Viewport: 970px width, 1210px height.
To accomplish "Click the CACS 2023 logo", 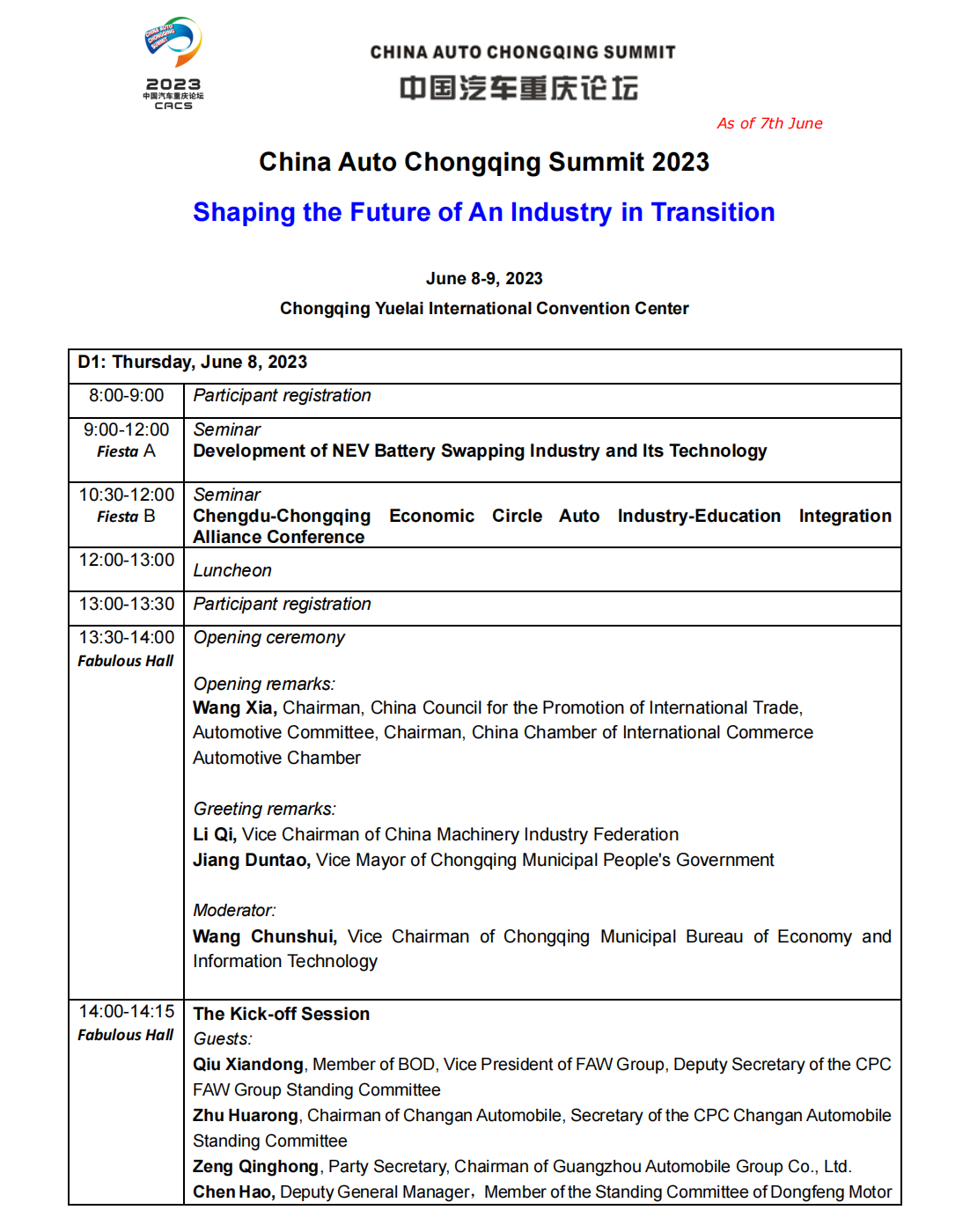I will [x=173, y=62].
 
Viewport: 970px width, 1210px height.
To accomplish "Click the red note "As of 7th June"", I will [x=769, y=123].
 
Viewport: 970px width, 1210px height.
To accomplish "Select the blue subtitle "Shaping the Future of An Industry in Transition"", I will [x=483, y=212].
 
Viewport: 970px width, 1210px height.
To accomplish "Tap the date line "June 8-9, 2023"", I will [x=484, y=278].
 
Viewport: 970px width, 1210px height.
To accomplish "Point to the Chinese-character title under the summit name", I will [x=518, y=88].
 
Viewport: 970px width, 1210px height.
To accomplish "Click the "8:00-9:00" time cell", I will [x=126, y=396].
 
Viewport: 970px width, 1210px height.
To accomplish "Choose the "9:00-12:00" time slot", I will [x=126, y=429].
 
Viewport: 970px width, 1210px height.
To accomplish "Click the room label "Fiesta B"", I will [x=126, y=517].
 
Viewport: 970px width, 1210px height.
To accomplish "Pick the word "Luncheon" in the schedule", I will [x=232, y=570].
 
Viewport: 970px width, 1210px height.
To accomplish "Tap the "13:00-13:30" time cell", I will [x=126, y=604].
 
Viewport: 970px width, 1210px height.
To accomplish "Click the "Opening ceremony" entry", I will [x=268, y=637].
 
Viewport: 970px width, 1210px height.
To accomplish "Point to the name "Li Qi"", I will [x=214, y=834].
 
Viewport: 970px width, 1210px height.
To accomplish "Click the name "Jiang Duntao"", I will [x=251, y=860].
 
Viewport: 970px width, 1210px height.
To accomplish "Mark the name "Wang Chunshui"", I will [x=264, y=936].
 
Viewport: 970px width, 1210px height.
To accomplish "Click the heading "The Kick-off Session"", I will [x=281, y=1014].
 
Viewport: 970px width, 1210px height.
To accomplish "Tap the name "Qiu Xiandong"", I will [x=247, y=1064].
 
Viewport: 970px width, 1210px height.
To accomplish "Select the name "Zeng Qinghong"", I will [x=255, y=1166].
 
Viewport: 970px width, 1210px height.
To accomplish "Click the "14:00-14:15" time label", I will [x=126, y=1012].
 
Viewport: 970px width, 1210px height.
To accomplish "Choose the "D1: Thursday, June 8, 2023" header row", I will [x=192, y=362].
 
